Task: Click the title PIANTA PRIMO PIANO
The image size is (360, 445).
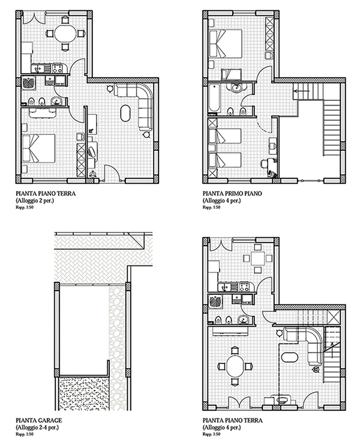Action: point(232,193)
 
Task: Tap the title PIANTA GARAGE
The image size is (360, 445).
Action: point(39,420)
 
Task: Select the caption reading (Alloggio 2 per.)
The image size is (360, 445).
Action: point(35,201)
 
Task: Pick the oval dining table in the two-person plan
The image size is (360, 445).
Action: point(65,34)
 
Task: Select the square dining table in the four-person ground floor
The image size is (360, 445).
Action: point(257,258)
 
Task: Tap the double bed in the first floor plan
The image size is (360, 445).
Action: point(226,44)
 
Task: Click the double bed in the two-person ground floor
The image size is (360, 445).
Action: point(38,148)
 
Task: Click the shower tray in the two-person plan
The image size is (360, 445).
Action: point(29,83)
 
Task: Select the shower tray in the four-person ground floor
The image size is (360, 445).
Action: point(216,301)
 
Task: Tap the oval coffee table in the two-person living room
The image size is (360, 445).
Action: point(126,114)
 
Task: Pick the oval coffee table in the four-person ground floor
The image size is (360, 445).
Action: point(289,357)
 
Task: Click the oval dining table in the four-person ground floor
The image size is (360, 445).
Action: point(235,366)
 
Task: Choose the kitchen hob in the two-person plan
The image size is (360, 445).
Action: point(56,67)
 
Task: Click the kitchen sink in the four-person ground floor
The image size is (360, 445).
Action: point(225,287)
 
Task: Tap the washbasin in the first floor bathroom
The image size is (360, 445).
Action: point(236,87)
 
